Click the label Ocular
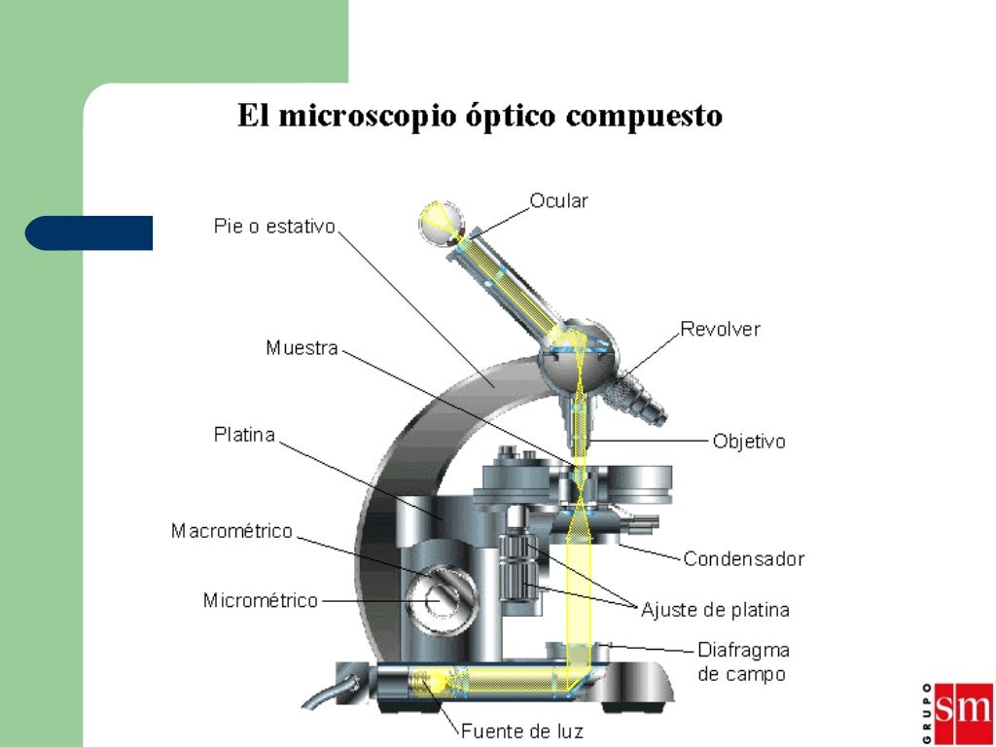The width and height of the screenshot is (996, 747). (x=558, y=201)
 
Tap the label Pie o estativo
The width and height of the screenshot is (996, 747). (x=274, y=227)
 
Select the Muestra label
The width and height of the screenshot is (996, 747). (x=302, y=347)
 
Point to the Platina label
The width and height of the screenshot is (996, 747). (x=244, y=435)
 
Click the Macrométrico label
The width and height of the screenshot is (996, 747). (x=231, y=531)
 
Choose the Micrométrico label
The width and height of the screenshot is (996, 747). (x=260, y=601)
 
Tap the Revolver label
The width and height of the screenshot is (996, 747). (x=720, y=329)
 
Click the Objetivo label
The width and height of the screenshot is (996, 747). (x=748, y=442)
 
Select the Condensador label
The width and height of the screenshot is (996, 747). (x=743, y=559)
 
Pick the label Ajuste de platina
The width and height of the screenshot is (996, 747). (x=715, y=611)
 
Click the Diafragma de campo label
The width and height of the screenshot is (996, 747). (x=743, y=661)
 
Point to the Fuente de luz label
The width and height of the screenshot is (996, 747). (x=521, y=730)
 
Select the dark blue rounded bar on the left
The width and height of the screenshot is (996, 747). (x=89, y=233)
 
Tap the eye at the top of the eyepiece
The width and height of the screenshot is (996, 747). (x=435, y=220)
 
